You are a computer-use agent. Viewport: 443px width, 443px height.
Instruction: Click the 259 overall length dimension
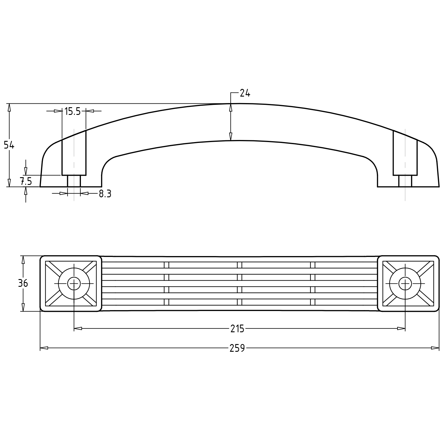click(x=237, y=348)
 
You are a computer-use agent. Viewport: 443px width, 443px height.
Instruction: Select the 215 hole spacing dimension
click(x=237, y=328)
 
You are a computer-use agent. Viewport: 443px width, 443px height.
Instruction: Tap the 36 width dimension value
click(x=23, y=283)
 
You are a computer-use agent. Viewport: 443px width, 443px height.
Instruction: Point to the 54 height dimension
click(x=9, y=145)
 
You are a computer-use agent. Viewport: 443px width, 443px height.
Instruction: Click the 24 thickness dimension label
click(x=245, y=93)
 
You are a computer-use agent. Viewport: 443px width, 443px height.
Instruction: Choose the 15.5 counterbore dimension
click(x=73, y=111)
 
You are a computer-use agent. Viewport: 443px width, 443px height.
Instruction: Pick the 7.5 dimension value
click(x=26, y=181)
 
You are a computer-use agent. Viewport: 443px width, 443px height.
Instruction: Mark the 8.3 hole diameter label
click(x=105, y=194)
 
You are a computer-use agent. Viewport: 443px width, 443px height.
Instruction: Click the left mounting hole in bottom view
click(x=74, y=284)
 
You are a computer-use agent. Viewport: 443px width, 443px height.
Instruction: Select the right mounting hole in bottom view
click(x=405, y=284)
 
